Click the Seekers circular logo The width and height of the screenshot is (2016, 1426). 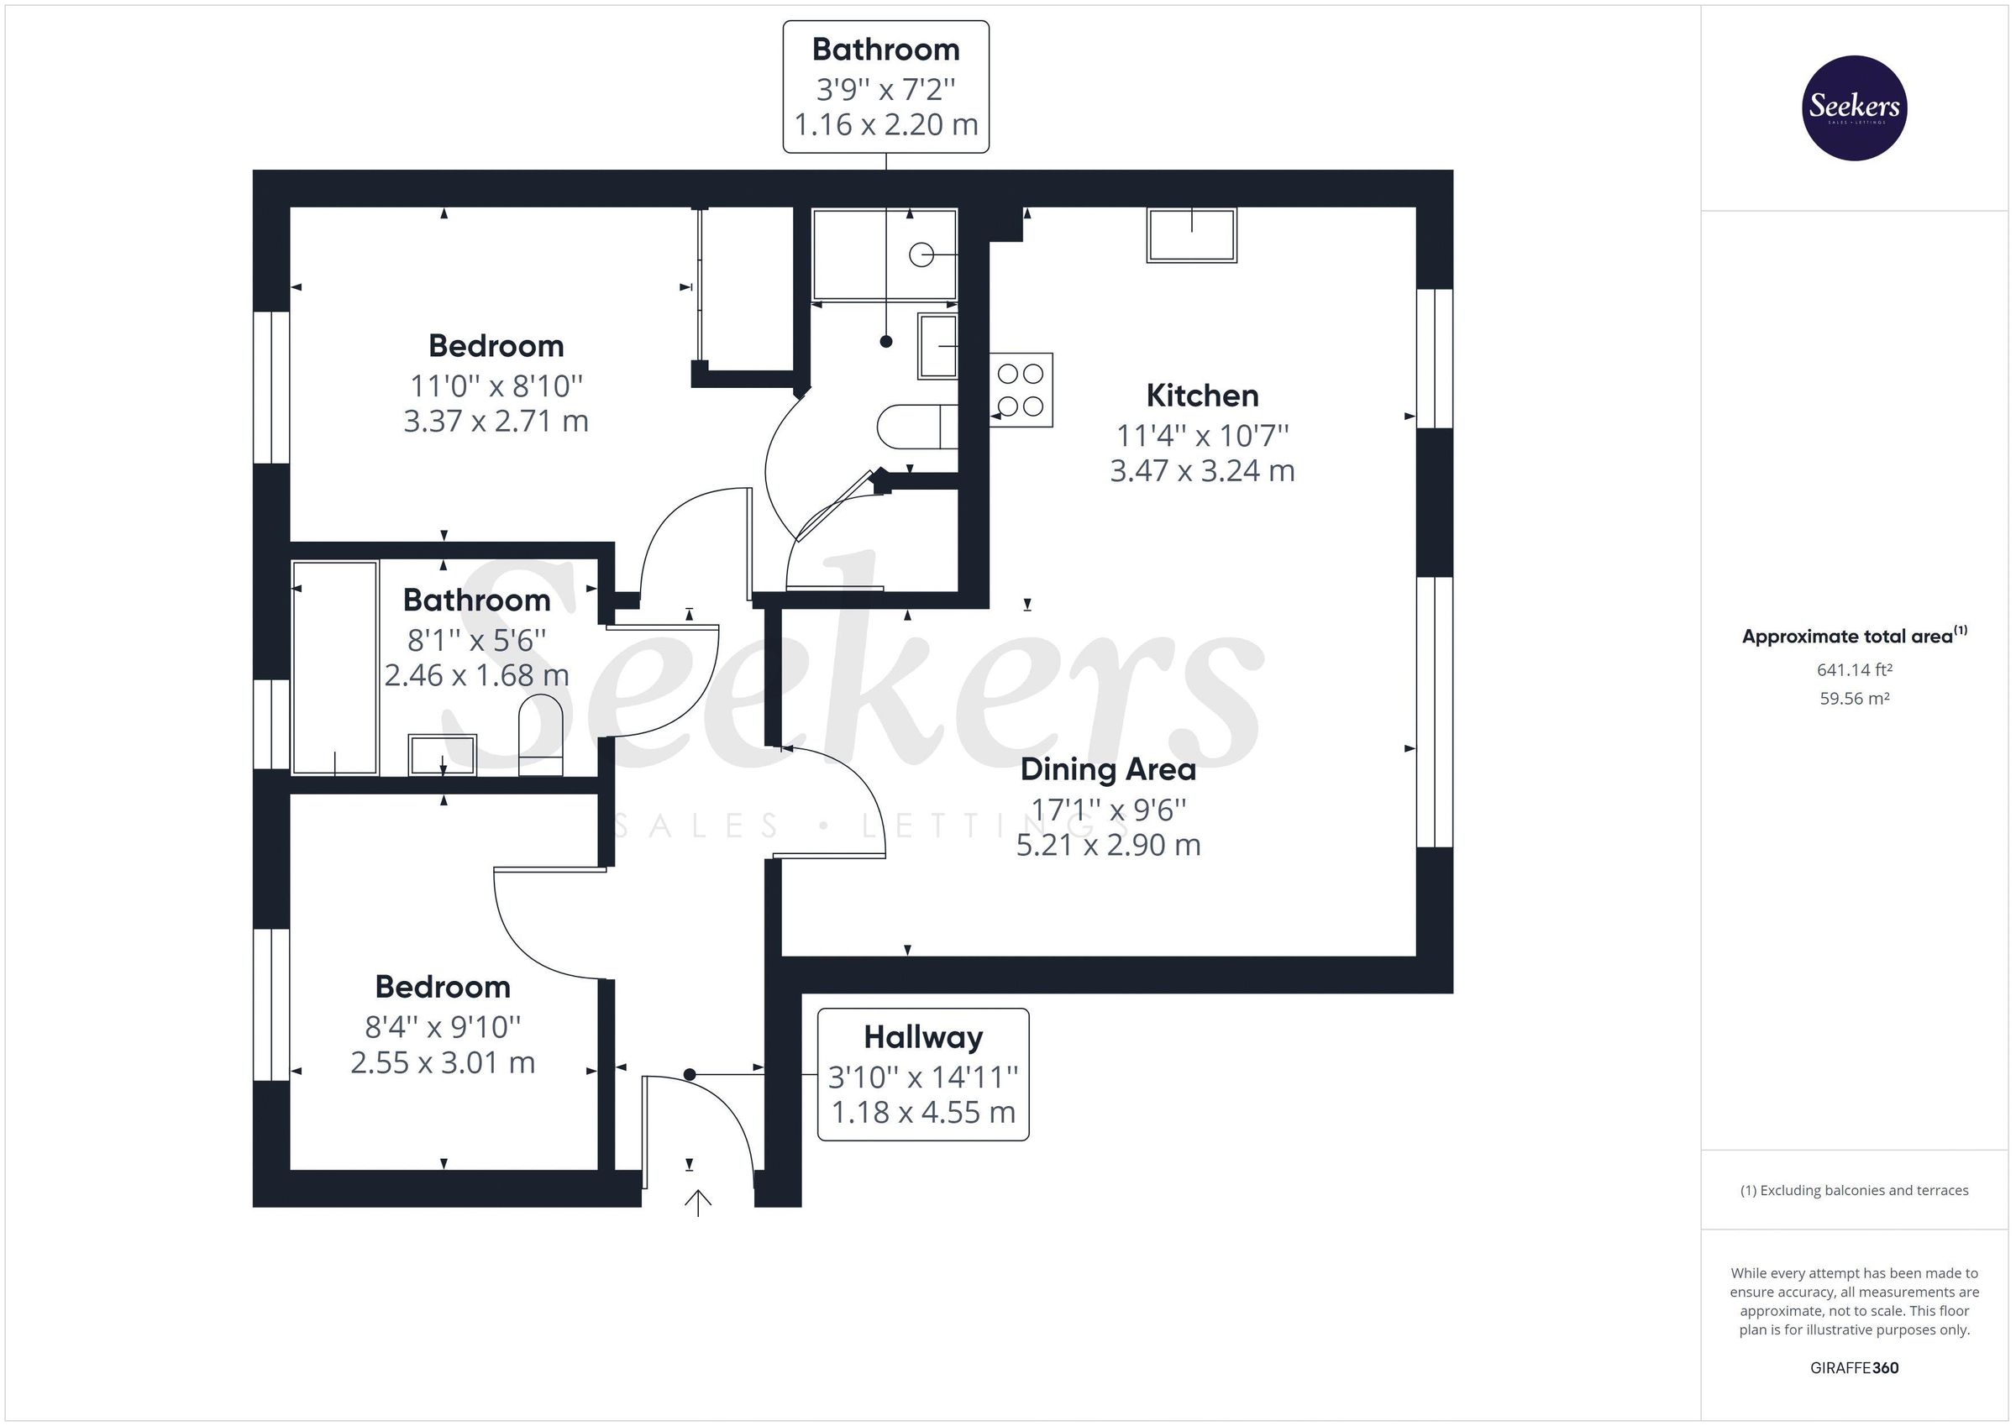[x=1854, y=107]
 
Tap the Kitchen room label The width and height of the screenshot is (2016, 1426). [x=1201, y=396]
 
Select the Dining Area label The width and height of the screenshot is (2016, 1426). [x=1107, y=770]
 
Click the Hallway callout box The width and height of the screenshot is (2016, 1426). [x=922, y=1074]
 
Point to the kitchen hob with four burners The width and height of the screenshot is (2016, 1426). [x=1021, y=390]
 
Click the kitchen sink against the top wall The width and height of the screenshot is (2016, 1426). [x=1190, y=235]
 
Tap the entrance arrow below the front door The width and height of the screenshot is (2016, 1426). [x=697, y=1202]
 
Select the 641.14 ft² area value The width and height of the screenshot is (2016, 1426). [x=1854, y=670]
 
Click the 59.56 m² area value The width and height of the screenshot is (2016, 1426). [x=1854, y=699]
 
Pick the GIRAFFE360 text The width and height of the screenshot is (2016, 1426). [x=1854, y=1367]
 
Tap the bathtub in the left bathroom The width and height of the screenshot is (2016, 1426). [x=334, y=668]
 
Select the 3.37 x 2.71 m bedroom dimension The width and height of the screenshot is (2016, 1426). [x=496, y=422]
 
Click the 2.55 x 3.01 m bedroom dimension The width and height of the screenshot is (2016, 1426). [x=443, y=1062]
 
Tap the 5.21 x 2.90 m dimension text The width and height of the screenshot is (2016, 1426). [x=1107, y=845]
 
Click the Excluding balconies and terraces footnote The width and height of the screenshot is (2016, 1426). [x=1854, y=1190]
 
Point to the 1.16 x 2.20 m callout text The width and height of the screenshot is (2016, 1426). [x=885, y=124]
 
